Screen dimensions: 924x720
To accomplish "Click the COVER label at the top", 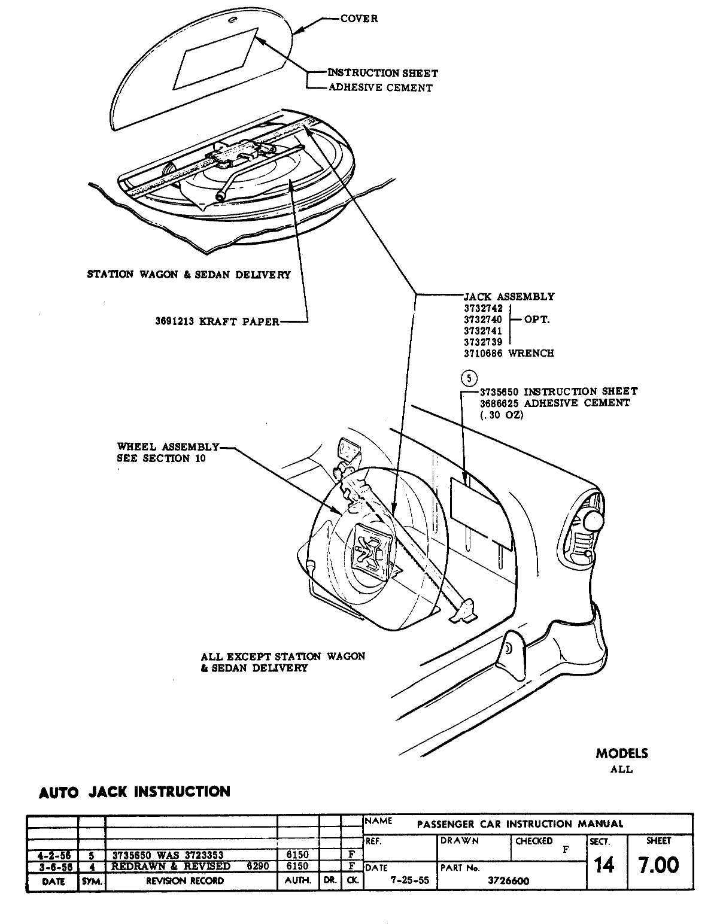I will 359,19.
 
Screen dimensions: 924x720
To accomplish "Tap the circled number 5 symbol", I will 470,378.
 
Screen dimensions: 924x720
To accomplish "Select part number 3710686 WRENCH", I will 509,353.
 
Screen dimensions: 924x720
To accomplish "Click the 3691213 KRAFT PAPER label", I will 217,322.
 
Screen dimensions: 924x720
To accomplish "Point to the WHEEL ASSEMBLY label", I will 168,446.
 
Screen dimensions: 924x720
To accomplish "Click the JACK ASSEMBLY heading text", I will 509,296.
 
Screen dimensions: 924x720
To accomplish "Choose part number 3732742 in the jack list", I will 483,308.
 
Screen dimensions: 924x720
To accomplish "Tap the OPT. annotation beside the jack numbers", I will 537,320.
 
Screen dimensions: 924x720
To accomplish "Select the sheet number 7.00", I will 658,865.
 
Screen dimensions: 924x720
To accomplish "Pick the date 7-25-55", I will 410,880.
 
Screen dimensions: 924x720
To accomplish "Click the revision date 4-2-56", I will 52,855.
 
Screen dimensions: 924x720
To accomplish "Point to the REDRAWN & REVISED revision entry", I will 171,866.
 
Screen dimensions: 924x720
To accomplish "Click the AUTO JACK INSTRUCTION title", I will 134,792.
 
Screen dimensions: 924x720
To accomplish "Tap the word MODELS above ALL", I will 622,753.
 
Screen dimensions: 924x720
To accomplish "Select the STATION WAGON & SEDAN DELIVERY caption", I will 189,275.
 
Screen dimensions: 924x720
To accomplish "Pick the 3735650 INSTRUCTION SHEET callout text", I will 558,391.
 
